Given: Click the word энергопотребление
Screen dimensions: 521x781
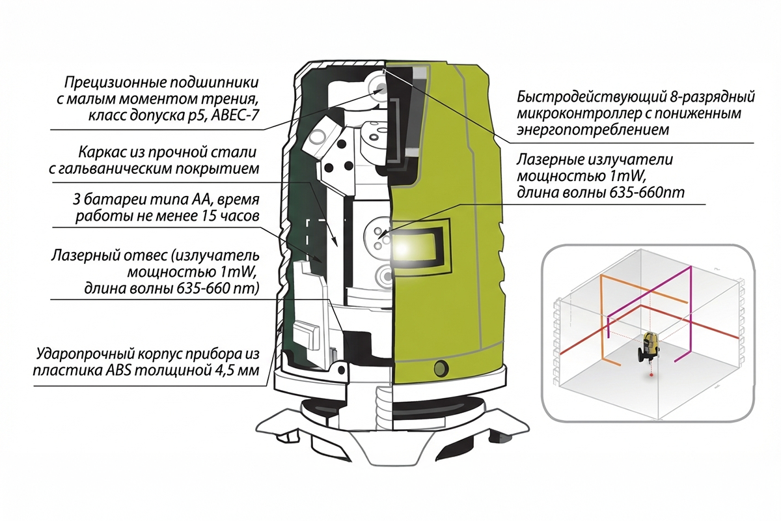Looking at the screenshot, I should [592, 130].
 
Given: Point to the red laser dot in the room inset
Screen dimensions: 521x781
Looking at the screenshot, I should [651, 376].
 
